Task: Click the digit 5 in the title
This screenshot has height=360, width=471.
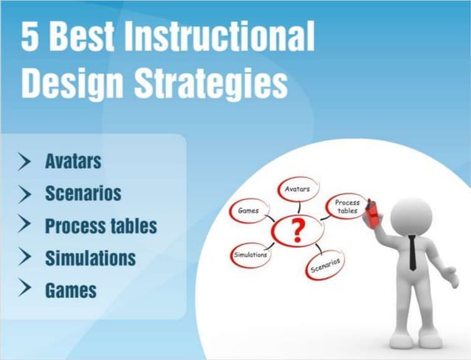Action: [30, 37]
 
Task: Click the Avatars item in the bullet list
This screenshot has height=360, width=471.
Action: [72, 161]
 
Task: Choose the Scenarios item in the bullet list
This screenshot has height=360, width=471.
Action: [83, 193]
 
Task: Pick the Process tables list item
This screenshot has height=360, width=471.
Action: [100, 226]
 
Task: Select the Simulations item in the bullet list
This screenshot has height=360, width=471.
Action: [90, 258]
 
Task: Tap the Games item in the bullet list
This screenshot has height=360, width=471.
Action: [70, 290]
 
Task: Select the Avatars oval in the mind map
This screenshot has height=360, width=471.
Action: [298, 190]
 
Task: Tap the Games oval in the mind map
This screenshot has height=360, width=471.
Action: [248, 210]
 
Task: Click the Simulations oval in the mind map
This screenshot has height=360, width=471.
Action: [250, 255]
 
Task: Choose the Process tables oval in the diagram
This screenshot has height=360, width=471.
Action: [347, 206]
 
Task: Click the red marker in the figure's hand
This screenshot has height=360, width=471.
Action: [373, 212]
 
